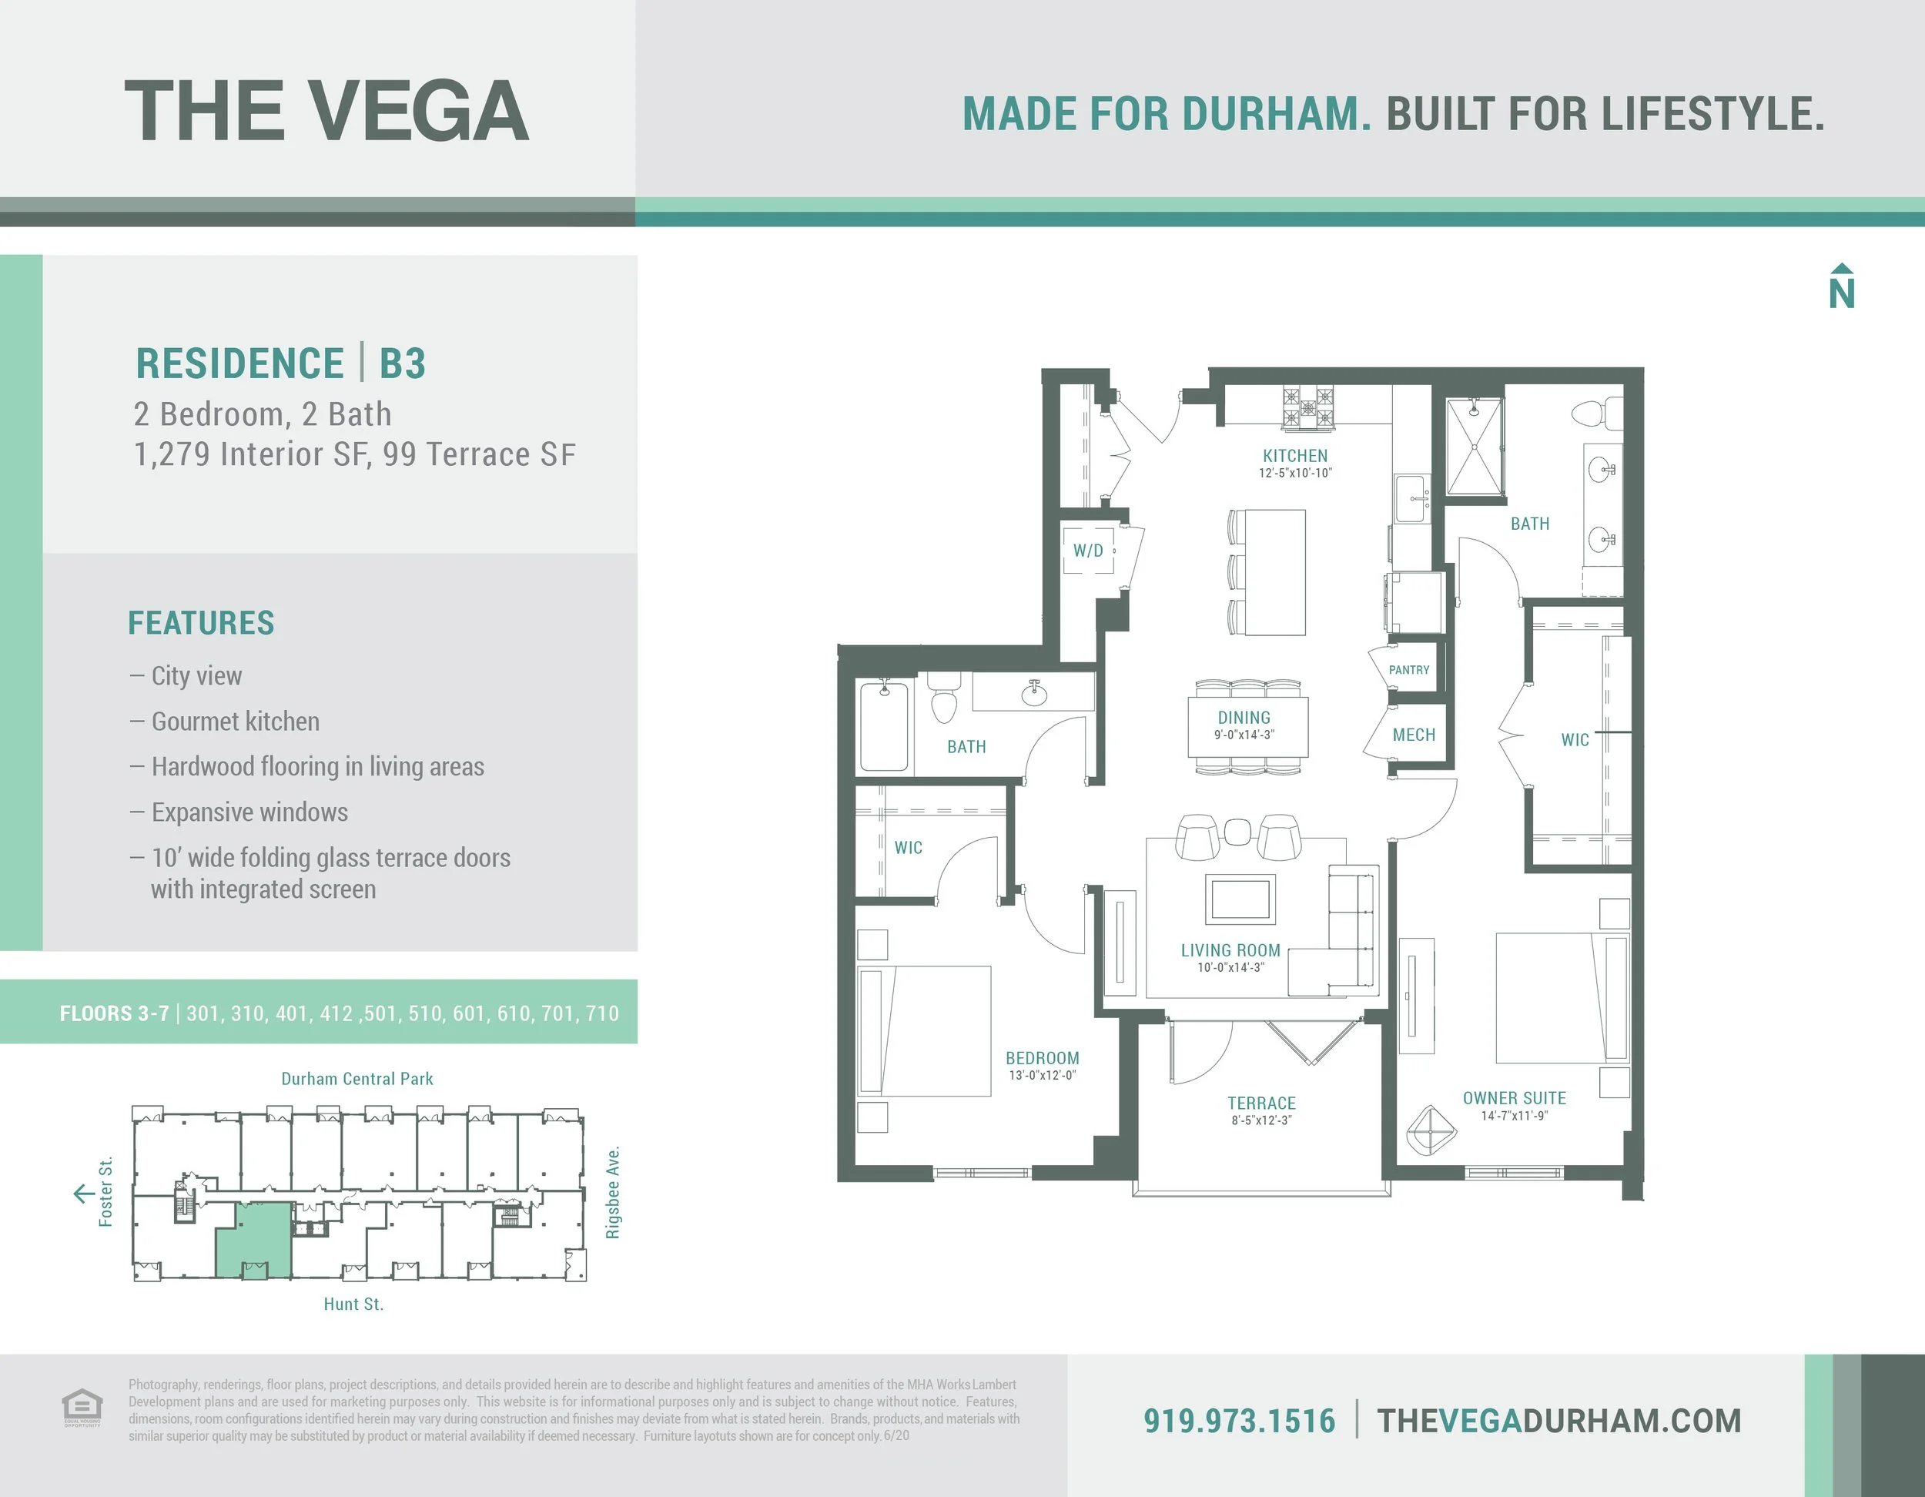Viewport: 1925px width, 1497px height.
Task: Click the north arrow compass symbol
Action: [x=1841, y=286]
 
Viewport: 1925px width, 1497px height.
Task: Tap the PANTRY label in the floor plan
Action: [x=1408, y=670]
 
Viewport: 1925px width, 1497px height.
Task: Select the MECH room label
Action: [x=1414, y=735]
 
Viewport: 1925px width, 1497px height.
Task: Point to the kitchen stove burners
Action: [x=1308, y=408]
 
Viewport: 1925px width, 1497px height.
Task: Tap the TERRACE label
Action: [x=1261, y=1103]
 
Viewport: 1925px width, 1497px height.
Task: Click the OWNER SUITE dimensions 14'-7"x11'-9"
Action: [x=1515, y=1116]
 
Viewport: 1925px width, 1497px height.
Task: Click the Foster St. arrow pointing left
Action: [x=84, y=1194]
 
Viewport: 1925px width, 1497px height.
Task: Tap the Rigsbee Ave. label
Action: [x=613, y=1192]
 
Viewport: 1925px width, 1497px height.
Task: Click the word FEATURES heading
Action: [x=201, y=622]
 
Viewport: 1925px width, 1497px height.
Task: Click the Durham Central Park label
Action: [x=357, y=1078]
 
